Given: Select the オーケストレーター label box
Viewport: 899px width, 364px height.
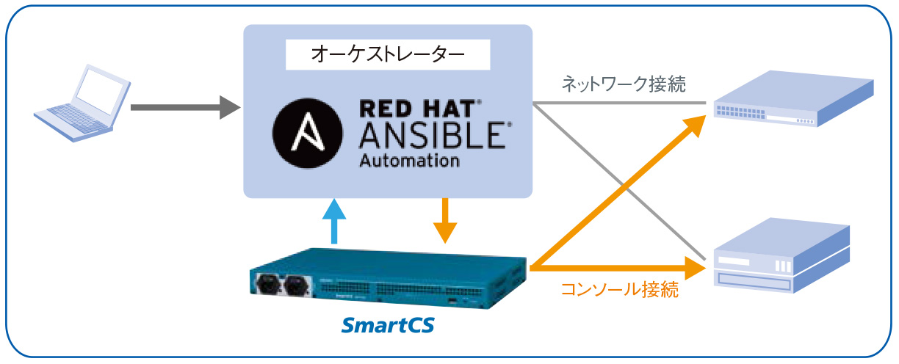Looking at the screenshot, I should [387, 54].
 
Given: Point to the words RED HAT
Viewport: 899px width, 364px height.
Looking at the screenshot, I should [420, 109].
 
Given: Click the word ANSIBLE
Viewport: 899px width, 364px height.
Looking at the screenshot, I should [430, 136].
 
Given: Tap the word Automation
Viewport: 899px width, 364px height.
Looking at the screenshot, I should [409, 160].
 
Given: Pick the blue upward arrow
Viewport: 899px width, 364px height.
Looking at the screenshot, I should [334, 220].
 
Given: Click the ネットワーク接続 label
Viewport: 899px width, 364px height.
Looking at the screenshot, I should [624, 84].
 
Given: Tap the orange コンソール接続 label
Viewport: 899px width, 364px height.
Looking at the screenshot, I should [619, 290].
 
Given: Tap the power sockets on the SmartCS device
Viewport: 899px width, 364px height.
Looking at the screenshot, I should [283, 285].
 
